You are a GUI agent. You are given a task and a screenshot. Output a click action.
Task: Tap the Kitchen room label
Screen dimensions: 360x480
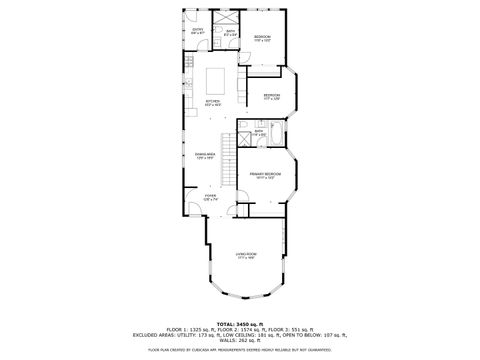click(212, 101)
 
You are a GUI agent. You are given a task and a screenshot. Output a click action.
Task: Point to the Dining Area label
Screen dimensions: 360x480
click(206, 155)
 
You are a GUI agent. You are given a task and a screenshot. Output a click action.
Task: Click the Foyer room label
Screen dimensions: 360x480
click(210, 197)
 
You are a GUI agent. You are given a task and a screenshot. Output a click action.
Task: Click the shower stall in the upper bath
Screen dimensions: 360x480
click(230, 18)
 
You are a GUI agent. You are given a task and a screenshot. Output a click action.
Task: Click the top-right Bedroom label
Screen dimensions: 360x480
click(262, 38)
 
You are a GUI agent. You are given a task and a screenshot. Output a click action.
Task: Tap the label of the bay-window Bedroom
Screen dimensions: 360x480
click(272, 97)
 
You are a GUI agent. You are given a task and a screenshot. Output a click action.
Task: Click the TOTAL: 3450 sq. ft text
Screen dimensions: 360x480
click(240, 322)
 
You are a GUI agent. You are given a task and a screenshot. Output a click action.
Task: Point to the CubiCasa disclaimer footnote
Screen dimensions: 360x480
click(240, 350)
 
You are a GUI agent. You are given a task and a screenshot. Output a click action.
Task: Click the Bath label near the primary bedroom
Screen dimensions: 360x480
click(258, 132)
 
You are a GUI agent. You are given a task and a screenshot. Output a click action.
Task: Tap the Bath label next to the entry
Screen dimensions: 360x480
click(229, 33)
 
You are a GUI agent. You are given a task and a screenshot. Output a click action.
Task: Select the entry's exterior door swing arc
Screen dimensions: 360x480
click(192, 18)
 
